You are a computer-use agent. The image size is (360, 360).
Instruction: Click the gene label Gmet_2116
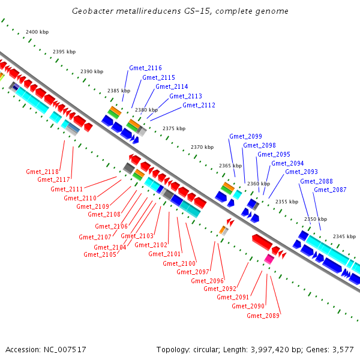pos(145,68)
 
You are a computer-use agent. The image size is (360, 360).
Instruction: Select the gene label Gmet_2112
pos(199,106)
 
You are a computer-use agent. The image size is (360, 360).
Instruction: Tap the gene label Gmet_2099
pos(245,136)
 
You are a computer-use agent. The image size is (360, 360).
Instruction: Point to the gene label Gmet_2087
pos(330,190)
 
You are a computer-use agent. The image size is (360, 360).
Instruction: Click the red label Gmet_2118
pos(42,172)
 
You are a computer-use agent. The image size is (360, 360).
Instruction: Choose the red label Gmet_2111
pos(67,190)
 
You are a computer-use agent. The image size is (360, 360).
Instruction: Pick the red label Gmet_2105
pos(100,254)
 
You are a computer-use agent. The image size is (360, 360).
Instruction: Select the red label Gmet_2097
pos(193,272)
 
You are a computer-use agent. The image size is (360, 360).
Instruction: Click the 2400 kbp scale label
pos(37,32)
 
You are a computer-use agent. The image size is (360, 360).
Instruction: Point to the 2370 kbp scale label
pos(202,147)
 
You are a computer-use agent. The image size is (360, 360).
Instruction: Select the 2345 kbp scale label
pos(344,236)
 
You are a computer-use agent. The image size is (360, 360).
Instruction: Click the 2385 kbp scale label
pos(119,91)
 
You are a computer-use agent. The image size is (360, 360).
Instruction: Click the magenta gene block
pos(269,259)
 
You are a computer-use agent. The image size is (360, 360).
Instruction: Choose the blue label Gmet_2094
pos(287,163)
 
